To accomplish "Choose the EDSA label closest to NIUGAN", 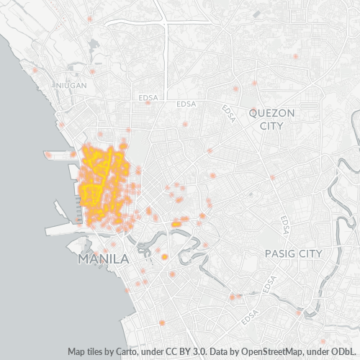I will click(x=149, y=96).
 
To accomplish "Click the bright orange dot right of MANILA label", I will click(x=164, y=257).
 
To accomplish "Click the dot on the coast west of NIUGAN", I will click(x=35, y=71).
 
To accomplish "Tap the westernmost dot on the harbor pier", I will click(x=48, y=155).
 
